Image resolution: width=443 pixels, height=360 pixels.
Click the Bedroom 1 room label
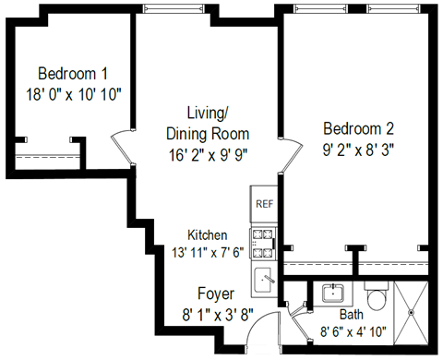73,73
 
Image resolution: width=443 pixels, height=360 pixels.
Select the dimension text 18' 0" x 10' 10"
73,93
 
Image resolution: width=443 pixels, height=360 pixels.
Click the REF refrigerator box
263,203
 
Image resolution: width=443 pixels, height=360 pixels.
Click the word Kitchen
208,234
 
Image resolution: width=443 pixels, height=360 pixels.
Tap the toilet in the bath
376,298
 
